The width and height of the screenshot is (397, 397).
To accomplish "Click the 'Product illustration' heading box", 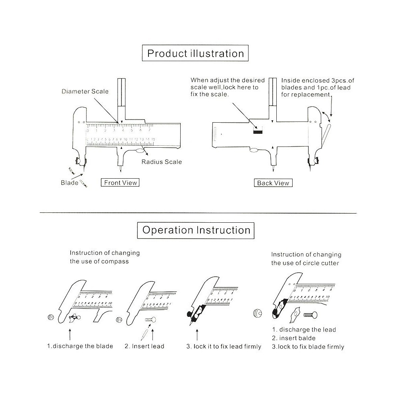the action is [195, 53].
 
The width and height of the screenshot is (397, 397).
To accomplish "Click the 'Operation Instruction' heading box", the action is [196, 230].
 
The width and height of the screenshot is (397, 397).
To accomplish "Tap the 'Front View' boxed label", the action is [120, 183].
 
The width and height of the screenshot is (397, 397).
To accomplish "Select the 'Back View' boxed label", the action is [273, 183].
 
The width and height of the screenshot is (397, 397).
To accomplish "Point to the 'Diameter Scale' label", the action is [85, 91].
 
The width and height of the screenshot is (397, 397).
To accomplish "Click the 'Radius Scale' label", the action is [162, 162].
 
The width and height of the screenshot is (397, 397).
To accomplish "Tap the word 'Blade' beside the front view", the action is [69, 183].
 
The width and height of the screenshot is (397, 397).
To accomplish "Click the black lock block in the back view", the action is [258, 132].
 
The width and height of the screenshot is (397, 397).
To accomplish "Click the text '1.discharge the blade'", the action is [80, 346].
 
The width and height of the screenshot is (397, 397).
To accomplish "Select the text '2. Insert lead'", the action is [145, 346].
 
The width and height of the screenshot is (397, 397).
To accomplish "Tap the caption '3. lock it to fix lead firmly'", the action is [224, 346].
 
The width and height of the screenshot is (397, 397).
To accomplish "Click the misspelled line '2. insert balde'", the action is [294, 338].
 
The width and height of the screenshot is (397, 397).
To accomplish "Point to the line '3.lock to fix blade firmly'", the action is [308, 347].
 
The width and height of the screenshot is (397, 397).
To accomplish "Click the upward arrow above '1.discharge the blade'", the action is [70, 334].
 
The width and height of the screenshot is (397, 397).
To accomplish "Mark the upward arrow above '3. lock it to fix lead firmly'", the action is [197, 335].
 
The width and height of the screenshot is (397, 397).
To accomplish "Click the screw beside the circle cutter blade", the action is [310, 315].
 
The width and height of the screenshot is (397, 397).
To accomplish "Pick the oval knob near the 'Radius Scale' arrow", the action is [140, 151].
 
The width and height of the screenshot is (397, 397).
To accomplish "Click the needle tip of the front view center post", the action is [121, 172].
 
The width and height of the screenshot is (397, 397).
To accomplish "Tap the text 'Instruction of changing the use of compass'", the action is [104, 257].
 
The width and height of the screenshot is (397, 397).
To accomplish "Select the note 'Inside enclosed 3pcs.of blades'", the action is [318, 84].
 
